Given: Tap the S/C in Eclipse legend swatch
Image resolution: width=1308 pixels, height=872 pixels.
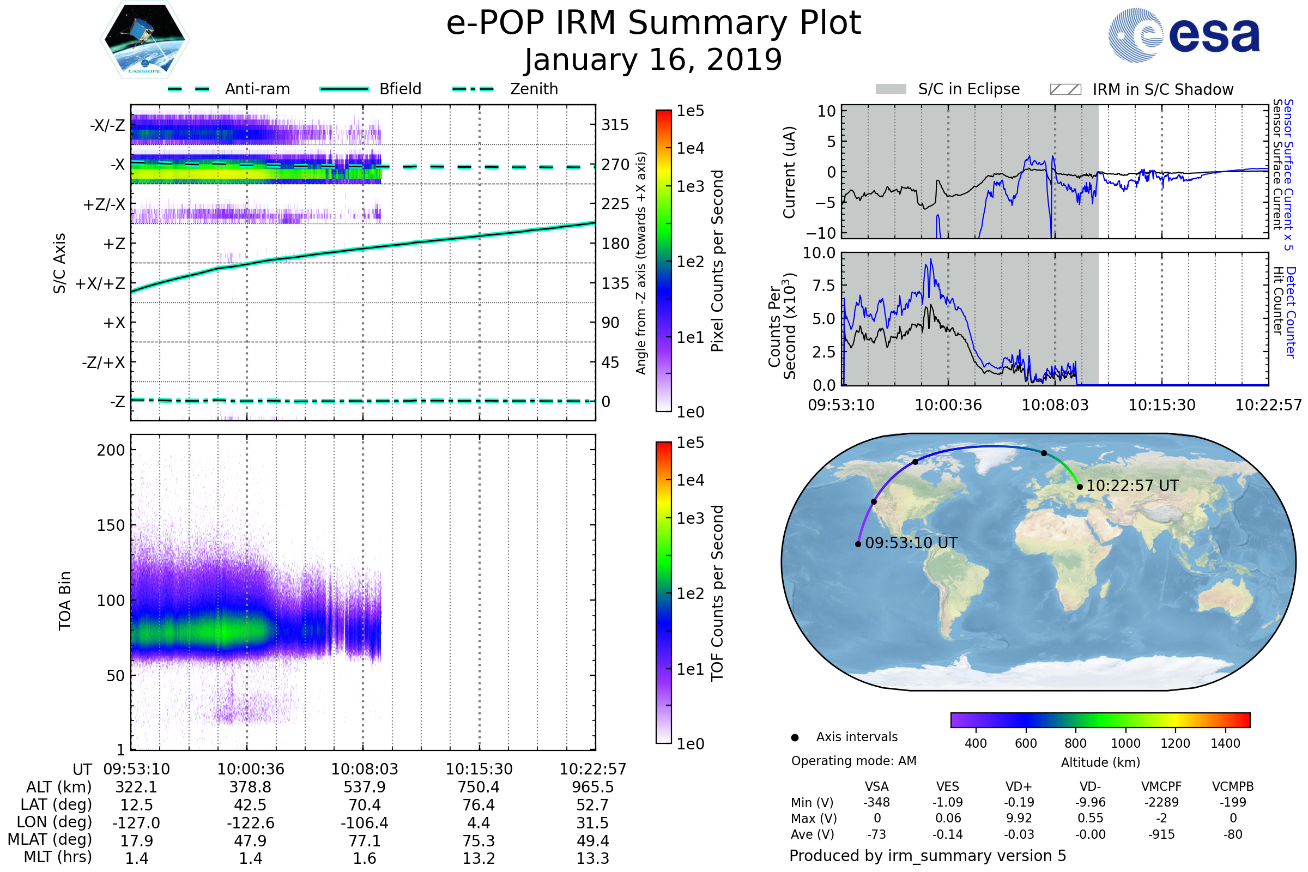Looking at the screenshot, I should point(891,89).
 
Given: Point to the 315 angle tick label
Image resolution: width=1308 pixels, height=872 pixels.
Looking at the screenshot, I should point(615,125).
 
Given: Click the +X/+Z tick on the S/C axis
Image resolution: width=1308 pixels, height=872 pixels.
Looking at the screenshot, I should point(100,283).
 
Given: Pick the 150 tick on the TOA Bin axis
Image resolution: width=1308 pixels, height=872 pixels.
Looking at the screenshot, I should point(111,525).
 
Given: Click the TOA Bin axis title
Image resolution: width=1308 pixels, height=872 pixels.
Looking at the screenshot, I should point(65,601).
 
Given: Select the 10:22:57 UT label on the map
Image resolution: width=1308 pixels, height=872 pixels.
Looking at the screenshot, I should point(1133,486).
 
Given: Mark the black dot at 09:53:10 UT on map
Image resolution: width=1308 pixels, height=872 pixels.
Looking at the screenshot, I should point(858,544).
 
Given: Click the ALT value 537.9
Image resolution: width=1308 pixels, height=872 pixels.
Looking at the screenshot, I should point(364,787).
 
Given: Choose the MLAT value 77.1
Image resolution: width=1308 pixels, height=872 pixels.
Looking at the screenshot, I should point(364,841).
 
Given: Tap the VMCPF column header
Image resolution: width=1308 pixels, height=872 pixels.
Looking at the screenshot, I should point(1161,786).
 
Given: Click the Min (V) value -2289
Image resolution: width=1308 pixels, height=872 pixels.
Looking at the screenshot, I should point(1161,802).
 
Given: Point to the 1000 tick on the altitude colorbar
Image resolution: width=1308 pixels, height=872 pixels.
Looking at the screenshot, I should point(1125,743).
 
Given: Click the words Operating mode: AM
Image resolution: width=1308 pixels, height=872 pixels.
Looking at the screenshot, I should point(853,761).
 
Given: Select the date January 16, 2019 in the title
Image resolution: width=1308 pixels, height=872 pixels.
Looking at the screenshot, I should point(653,59).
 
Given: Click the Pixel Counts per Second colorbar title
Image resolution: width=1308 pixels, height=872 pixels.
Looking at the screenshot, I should point(717,261).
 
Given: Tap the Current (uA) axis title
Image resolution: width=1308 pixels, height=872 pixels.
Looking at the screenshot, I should point(789,172).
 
